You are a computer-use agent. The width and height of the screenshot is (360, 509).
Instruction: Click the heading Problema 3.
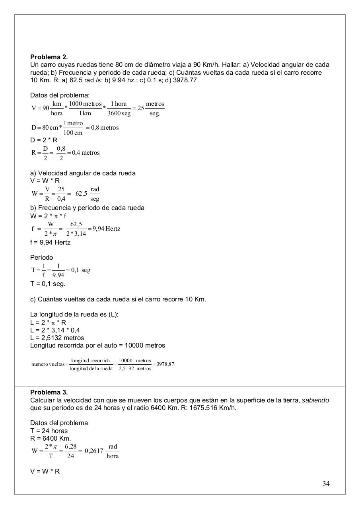(x=49, y=392)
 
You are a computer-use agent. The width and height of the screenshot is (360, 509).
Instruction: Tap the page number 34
(x=326, y=484)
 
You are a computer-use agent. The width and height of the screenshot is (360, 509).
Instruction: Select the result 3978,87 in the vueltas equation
(x=165, y=364)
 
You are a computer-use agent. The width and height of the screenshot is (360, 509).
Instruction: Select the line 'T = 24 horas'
(x=49, y=431)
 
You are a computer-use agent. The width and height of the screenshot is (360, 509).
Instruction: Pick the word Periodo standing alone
(x=41, y=258)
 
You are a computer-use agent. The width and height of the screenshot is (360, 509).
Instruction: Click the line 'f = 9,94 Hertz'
(x=50, y=242)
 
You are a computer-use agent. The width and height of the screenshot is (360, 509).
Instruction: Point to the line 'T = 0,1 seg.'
(x=48, y=284)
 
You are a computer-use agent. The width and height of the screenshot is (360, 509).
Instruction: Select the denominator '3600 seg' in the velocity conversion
(x=119, y=113)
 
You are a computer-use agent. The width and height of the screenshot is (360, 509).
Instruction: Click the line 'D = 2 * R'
(x=44, y=140)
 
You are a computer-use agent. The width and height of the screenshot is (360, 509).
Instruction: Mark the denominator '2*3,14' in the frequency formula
(x=76, y=233)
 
